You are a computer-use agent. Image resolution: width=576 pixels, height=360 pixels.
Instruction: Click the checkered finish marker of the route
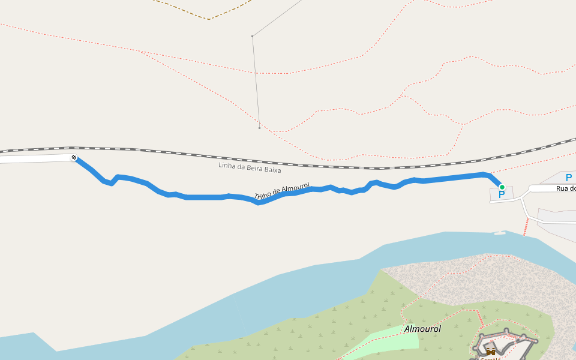pos(74,157)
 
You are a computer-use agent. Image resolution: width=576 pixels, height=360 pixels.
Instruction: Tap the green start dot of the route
pos(502,187)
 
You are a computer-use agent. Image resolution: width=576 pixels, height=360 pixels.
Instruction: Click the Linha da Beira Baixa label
pos(250,167)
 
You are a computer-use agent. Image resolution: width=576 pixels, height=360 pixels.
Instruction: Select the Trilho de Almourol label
pos(281,191)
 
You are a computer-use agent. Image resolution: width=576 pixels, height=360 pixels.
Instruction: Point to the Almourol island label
pos(422,329)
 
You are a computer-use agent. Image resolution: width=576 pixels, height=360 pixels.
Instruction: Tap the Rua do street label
pos(565,188)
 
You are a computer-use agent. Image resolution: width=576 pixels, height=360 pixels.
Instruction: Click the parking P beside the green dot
pos(502,195)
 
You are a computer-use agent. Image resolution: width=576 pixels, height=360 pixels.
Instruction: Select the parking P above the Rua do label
pos(568,177)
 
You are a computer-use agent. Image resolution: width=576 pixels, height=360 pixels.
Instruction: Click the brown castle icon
pos(491,352)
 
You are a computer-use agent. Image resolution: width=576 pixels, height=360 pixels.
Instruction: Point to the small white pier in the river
pos(500,233)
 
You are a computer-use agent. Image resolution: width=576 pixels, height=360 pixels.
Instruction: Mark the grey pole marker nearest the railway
pos(259,128)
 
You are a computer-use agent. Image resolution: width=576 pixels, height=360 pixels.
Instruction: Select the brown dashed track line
pos(208,19)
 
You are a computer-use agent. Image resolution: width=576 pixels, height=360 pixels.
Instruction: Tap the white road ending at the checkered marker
pos(36,159)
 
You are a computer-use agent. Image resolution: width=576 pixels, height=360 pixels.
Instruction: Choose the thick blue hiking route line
pos(204,197)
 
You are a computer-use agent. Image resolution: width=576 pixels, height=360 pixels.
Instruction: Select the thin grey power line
pos(256,84)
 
